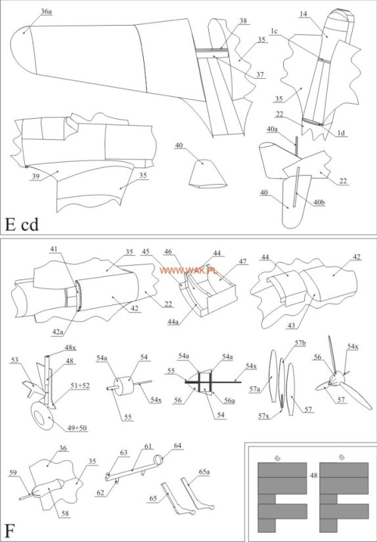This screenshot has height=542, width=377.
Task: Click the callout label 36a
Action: (47, 11)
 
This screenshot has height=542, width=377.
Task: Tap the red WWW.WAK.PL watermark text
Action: (188, 270)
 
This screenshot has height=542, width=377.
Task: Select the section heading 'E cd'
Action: (22, 224)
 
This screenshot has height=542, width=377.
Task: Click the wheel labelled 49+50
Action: (42, 416)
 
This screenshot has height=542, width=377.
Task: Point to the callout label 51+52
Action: (79, 386)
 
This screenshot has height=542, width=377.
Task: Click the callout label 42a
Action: (58, 332)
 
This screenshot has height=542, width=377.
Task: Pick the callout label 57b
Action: (300, 343)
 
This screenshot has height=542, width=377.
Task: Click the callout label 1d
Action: (341, 132)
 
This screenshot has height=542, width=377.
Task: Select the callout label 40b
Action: (319, 203)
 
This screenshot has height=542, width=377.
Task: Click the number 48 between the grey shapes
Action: (313, 475)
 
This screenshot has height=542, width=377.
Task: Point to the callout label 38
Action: (243, 21)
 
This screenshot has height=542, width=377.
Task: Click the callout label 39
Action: (35, 177)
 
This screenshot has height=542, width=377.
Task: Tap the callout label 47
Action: (243, 261)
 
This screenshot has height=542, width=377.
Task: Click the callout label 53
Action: (14, 360)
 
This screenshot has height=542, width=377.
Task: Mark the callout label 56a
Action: (229, 401)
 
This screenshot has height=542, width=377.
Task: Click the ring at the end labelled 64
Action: (158, 460)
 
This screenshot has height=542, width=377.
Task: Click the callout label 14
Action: (303, 14)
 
